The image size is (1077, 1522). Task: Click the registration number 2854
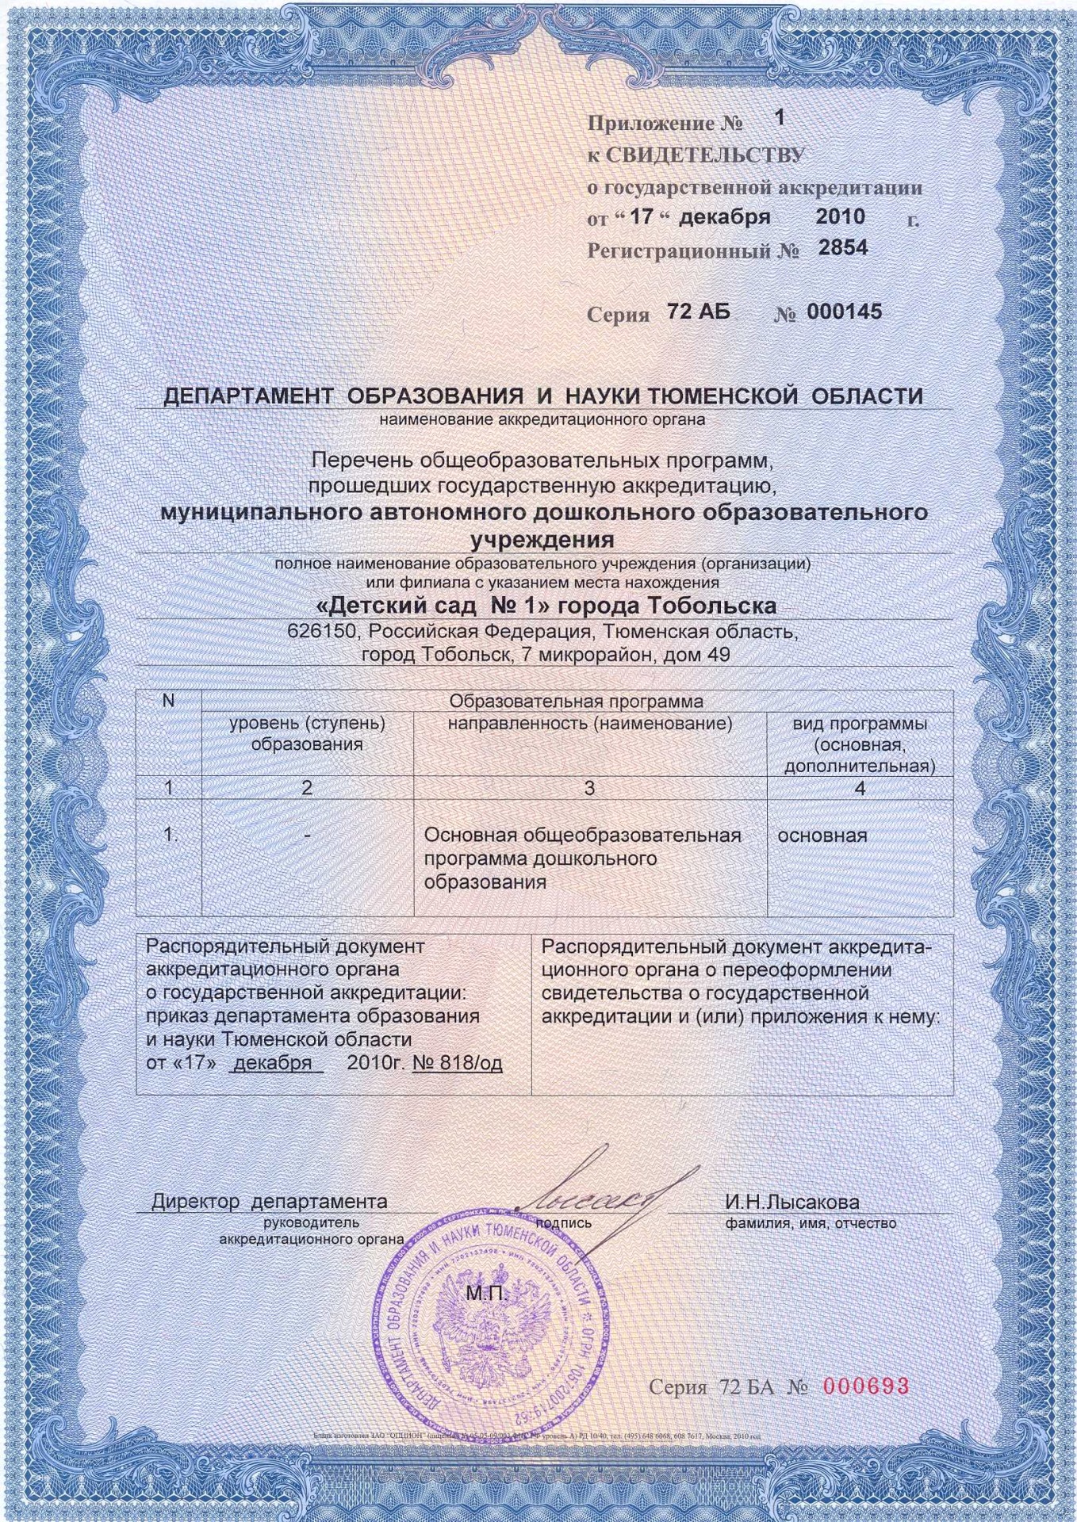point(843,248)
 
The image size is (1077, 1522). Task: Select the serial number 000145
point(844,312)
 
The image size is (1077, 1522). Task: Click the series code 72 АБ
point(699,312)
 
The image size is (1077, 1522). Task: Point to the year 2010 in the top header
point(840,216)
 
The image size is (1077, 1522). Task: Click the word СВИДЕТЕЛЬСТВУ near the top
point(704,155)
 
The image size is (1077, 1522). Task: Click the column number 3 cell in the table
point(589,788)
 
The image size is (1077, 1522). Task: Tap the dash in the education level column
point(307,836)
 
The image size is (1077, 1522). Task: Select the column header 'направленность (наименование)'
point(589,724)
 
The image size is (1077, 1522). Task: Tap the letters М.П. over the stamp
point(485,1294)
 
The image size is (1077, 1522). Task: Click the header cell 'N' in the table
point(168,701)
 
